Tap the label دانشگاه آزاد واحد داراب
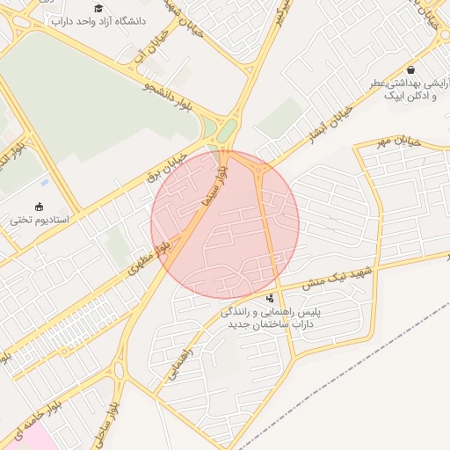pyautogui.click(x=98, y=20)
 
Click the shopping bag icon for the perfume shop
pyautogui.click(x=411, y=69)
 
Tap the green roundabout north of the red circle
pyautogui.click(x=226, y=133)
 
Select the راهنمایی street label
pyautogui.click(x=186, y=370)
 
